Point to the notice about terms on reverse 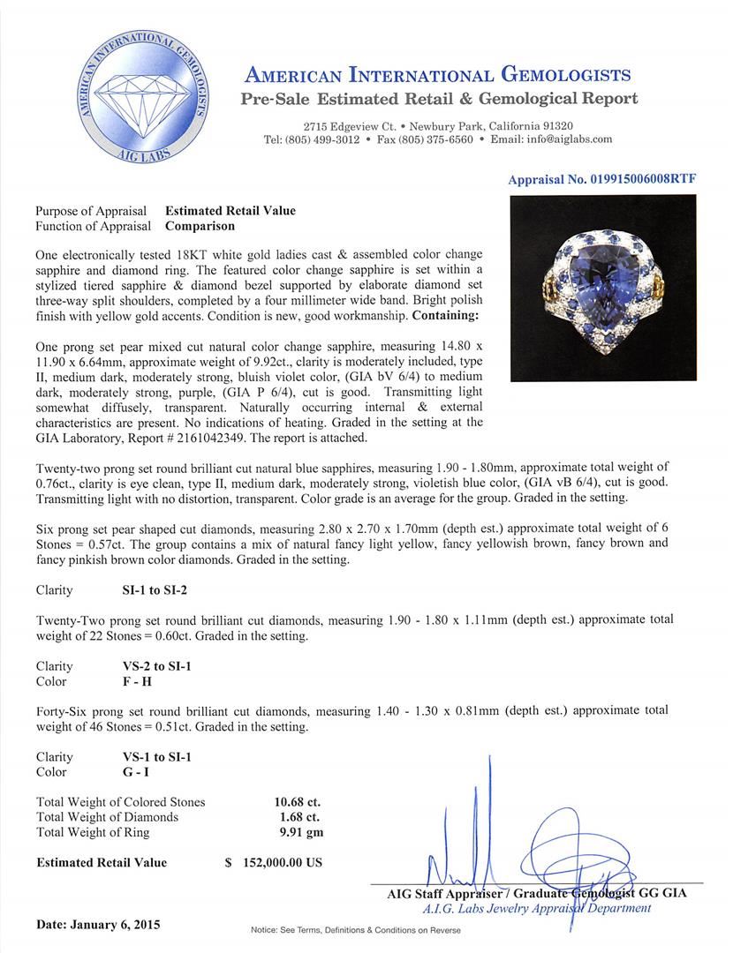(x=356, y=930)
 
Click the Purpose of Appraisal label (x=91, y=211)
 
